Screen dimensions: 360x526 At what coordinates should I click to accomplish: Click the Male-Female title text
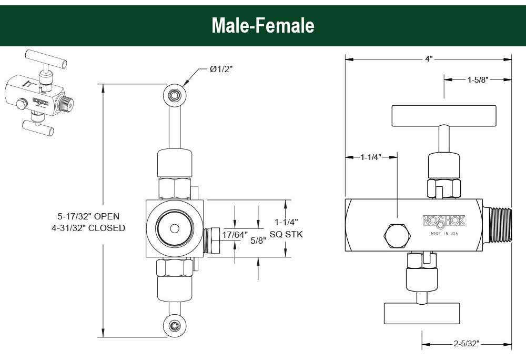(x=262, y=25)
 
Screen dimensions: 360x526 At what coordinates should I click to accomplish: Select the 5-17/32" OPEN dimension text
(x=89, y=216)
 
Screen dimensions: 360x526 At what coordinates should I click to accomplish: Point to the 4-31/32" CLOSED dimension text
(x=91, y=228)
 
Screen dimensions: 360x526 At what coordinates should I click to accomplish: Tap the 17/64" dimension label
(x=234, y=235)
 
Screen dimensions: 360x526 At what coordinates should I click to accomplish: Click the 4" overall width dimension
(x=429, y=59)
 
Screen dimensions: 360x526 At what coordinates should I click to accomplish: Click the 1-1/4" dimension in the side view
(x=371, y=157)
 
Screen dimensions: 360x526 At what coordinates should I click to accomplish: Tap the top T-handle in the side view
(x=443, y=115)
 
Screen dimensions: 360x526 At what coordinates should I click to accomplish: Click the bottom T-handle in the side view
(x=422, y=313)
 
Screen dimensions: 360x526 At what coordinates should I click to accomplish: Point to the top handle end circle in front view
(x=174, y=95)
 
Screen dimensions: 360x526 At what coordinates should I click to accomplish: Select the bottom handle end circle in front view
(x=174, y=325)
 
